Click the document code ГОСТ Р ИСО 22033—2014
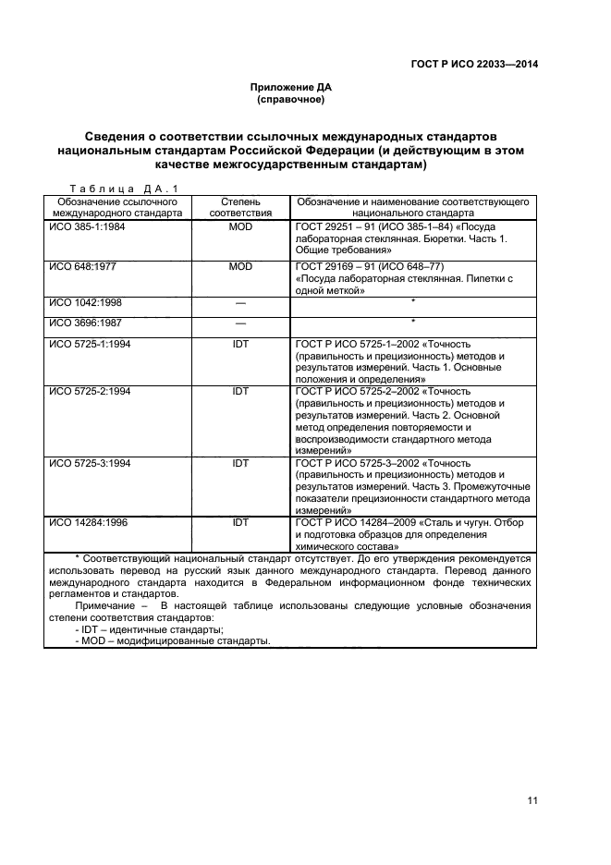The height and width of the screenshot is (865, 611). (x=474, y=64)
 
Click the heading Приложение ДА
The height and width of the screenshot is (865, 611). (x=290, y=89)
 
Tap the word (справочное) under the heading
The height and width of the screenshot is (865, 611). (x=290, y=100)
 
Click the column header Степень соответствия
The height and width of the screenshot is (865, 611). (x=240, y=206)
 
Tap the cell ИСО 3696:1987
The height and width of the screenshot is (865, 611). (x=85, y=323)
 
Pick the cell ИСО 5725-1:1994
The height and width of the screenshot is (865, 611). (x=90, y=344)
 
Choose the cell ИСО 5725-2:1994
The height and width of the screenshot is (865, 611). (x=90, y=391)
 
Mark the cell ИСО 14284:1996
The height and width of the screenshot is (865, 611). (x=88, y=522)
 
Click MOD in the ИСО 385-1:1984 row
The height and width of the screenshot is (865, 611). (x=240, y=226)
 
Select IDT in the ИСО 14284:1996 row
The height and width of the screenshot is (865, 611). (x=240, y=522)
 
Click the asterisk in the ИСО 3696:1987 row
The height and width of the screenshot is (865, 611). (x=412, y=322)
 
